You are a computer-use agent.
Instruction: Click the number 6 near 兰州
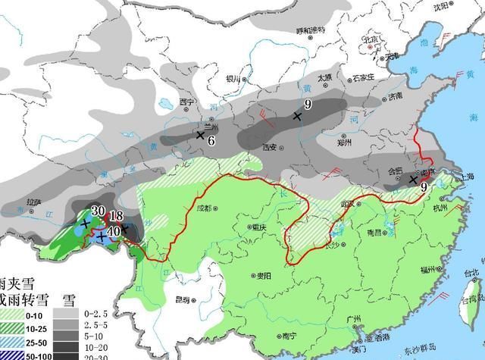coord(211,140)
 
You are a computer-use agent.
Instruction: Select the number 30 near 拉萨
coord(98,211)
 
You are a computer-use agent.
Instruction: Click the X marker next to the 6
coord(200,135)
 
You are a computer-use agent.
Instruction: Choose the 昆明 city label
coord(182,300)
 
